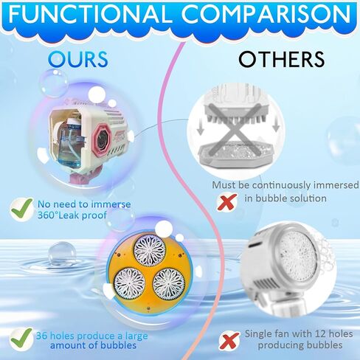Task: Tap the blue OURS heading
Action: click(78, 59)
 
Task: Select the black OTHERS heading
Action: click(282, 59)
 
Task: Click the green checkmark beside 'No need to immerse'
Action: click(21, 209)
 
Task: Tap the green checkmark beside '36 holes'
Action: click(21, 339)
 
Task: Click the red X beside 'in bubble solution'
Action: click(227, 201)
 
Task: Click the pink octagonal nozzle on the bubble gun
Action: click(101, 139)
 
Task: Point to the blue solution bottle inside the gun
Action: click(70, 145)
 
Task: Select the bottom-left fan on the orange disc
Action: click(130, 283)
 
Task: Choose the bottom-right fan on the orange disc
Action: click(169, 283)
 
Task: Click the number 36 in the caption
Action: click(41, 336)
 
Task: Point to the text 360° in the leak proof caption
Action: click(46, 215)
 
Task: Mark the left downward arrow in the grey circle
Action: click(201, 128)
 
